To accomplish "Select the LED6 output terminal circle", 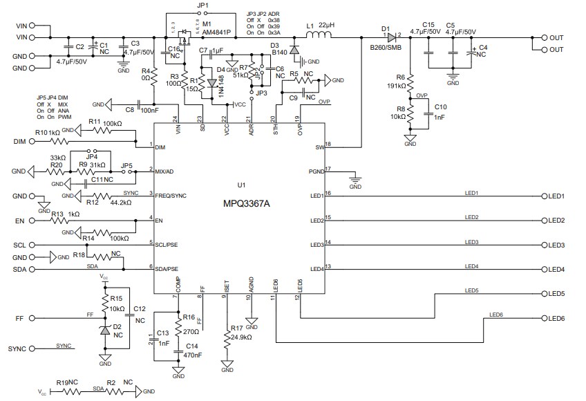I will coord(545,318).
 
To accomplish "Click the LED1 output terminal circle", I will coord(545,196).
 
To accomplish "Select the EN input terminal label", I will coord(19,221).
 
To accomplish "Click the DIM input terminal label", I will coord(19,142).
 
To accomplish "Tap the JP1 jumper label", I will coord(202,6).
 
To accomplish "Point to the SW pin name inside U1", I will coord(319,147).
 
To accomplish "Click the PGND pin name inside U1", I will coord(316,171).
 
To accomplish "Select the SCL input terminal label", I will coord(19,245).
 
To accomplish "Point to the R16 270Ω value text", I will coord(191,330).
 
